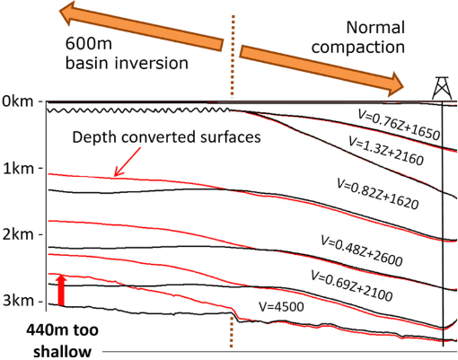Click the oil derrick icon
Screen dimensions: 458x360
pyautogui.click(x=442, y=88)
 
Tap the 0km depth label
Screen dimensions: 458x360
pyautogui.click(x=18, y=101)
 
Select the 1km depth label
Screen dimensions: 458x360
pyautogui.click(x=18, y=169)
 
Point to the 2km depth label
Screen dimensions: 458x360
pyautogui.click(x=18, y=234)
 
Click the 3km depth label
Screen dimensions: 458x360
pyautogui.click(x=18, y=300)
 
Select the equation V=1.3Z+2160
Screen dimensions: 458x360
pyautogui.click(x=386, y=150)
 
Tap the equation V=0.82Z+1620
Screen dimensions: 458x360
pyautogui.click(x=378, y=194)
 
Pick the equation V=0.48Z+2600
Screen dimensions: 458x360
pyautogui.click(x=362, y=250)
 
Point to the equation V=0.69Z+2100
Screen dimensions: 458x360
pyautogui.click(x=352, y=285)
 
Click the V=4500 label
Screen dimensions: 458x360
pyautogui.click(x=281, y=307)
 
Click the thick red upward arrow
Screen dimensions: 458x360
pyautogui.click(x=61, y=290)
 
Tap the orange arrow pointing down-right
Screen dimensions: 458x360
pyautogui.click(x=321, y=71)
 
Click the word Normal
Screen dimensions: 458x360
pyautogui.click(x=375, y=28)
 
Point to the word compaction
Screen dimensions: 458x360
pyautogui.click(x=358, y=48)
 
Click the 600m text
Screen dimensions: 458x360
pyautogui.click(x=89, y=44)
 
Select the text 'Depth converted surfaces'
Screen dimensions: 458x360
pyautogui.click(x=166, y=137)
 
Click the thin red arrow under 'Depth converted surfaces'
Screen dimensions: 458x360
pyautogui.click(x=127, y=162)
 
